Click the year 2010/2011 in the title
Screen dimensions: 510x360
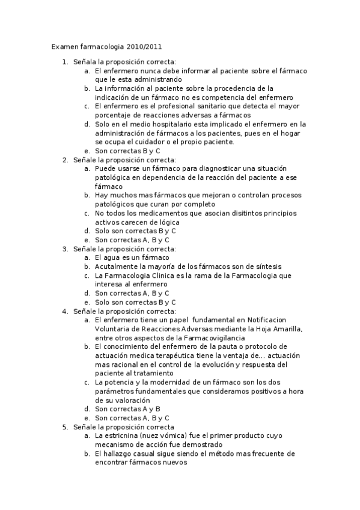[144, 46]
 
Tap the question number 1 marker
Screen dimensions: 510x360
[66, 62]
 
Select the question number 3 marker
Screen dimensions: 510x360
[66, 249]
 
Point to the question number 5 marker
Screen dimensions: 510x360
[66, 427]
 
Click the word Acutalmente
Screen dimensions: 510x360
[115, 266]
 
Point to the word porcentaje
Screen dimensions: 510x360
[114, 115]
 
